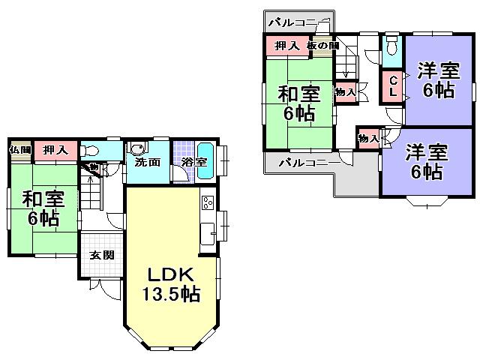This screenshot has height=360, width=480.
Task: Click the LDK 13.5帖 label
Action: [171, 283]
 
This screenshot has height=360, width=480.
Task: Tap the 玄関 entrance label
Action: [103, 255]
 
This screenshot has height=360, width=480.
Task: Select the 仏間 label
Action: [19, 150]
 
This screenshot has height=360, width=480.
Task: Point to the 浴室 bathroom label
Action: [185, 162]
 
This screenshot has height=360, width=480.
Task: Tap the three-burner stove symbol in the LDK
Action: [208, 202]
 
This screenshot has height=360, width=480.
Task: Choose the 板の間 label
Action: [322, 46]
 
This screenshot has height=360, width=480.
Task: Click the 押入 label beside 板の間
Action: [287, 46]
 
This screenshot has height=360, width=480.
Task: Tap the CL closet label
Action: [392, 86]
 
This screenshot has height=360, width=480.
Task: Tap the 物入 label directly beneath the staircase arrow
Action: [345, 92]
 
